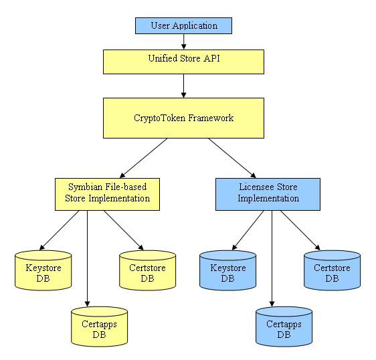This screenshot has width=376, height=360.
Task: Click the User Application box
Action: pos(183,25)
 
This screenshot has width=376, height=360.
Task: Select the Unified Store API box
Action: pos(183,62)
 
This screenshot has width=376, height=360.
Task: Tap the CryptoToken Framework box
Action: pos(183,118)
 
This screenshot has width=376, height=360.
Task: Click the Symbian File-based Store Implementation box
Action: pos(107,194)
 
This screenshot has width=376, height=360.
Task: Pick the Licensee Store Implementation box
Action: pos(268,194)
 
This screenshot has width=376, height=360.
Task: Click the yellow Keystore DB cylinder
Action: pos(43,270)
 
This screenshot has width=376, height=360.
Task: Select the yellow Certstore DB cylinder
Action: pos(147,270)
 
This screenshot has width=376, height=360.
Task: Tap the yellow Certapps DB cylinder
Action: pos(99,327)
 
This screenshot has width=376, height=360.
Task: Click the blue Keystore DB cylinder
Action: pos(227,270)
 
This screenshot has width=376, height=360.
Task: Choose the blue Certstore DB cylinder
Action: pos(332,270)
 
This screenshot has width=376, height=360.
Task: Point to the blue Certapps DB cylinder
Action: pos(284,327)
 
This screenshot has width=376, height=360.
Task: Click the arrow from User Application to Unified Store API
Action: pos(184,41)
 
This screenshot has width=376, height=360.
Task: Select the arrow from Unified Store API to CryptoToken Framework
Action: pos(184,86)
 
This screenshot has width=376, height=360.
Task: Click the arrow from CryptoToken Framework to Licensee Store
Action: pos(232,158)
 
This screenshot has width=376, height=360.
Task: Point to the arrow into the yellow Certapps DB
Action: pos(87,258)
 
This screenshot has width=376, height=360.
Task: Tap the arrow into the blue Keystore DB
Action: pos(248,230)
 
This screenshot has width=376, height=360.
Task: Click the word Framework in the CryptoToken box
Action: pos(211,118)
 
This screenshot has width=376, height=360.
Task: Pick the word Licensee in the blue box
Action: pos(256,187)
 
